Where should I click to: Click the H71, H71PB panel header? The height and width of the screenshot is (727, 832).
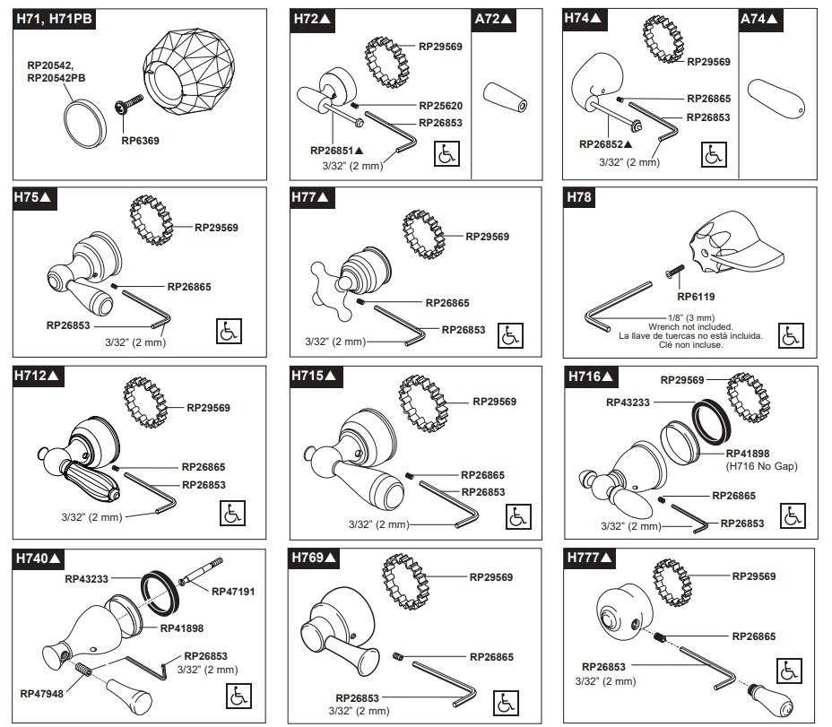coord(53,22)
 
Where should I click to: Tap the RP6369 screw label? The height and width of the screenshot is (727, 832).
coord(140,140)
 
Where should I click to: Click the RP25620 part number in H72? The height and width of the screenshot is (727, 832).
coord(436,104)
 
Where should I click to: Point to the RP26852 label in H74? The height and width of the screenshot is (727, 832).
coord(605,143)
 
